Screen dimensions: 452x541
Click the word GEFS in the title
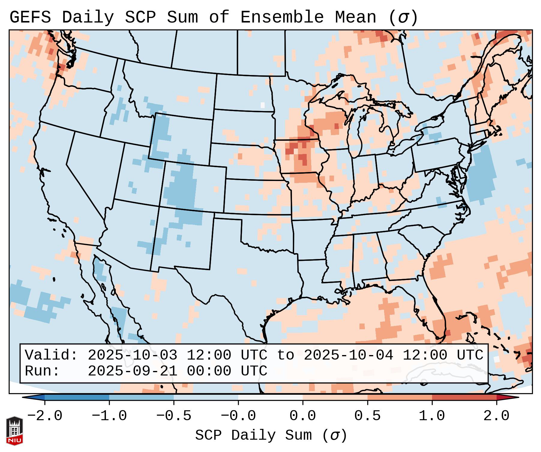30,17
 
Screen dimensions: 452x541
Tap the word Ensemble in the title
282,17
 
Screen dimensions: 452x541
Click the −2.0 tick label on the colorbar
45,416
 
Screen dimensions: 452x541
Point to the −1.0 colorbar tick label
109,416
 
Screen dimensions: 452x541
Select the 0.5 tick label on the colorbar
368,416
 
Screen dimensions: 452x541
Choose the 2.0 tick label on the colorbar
497,416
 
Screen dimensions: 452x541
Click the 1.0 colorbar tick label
432,416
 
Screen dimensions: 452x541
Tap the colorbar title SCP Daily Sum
254,435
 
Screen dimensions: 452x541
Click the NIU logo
14,431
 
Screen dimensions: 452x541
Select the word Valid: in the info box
51,355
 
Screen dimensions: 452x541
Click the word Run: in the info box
42,371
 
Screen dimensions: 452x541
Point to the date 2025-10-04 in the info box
348,355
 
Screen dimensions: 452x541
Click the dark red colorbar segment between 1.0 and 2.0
464,397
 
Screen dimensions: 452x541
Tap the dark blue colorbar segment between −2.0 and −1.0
77,397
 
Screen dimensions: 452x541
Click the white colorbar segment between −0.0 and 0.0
270,397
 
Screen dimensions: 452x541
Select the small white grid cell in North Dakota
263,105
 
